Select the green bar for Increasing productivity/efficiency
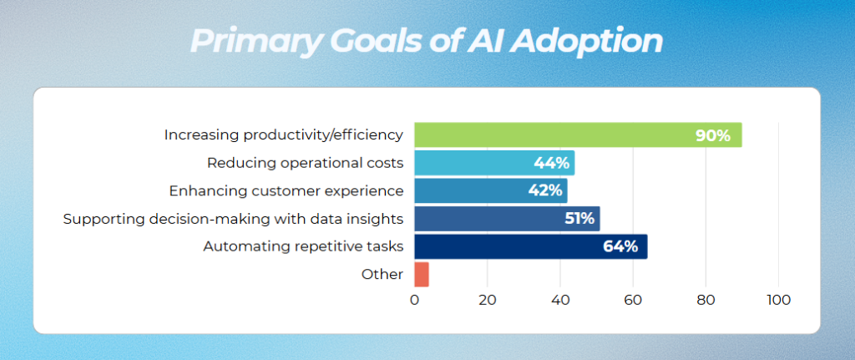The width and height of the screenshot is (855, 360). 551,134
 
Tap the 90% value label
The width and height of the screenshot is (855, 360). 713,135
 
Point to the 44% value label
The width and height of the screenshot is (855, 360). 551,163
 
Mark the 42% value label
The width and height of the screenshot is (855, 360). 544,190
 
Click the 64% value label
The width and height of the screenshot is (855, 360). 620,246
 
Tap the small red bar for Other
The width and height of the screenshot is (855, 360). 421,274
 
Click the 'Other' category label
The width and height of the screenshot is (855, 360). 382,274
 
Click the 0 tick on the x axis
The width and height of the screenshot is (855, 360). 414,300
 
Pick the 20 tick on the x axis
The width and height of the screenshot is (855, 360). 487,300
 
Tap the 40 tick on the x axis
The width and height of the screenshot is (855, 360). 559,300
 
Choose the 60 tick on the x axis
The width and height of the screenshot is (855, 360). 633,300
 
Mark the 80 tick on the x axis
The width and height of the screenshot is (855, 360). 706,300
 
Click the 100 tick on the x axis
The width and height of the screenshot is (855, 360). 778,300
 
